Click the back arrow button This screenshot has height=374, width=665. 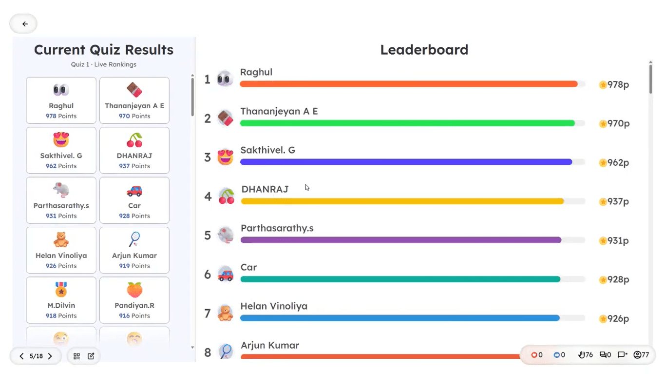pos(25,24)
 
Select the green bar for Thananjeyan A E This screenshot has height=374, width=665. pos(407,123)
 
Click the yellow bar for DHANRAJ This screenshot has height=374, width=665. pos(402,201)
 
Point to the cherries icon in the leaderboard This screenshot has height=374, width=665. pos(226,196)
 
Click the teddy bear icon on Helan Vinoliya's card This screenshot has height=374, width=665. pos(61,239)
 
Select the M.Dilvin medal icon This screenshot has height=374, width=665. pos(61,290)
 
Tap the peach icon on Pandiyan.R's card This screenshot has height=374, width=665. pos(134,290)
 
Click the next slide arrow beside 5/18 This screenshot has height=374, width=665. pos(50,356)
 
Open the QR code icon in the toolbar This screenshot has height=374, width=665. pos(76,356)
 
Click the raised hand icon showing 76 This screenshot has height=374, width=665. pos(581,355)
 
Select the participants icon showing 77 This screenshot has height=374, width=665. pos(637,355)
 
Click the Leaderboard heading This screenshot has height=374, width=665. pos(424,50)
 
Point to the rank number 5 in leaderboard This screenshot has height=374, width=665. pos(208,236)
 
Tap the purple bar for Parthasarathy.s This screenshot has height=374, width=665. pos(401,240)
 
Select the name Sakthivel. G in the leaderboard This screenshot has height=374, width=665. pos(267,150)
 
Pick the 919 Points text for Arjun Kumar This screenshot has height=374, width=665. pos(134,266)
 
